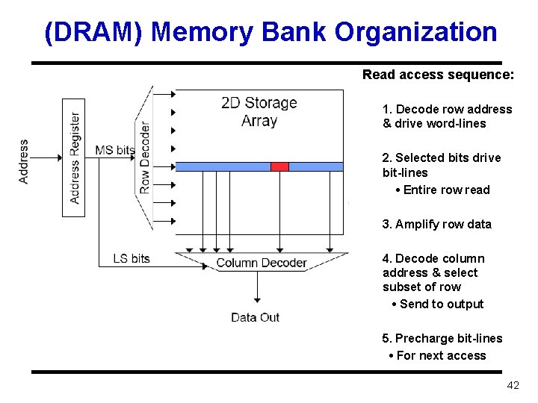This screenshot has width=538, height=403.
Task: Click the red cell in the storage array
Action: (x=279, y=166)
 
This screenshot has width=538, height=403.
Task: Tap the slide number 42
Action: (x=513, y=385)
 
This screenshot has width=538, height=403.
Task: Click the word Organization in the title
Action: (x=415, y=32)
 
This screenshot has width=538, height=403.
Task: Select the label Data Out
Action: (x=255, y=317)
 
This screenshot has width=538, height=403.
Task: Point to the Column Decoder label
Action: (x=262, y=263)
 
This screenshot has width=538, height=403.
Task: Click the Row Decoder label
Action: (x=144, y=157)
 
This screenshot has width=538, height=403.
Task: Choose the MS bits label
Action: (x=114, y=150)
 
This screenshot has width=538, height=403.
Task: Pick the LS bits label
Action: (x=132, y=258)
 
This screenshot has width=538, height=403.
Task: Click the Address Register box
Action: (x=73, y=157)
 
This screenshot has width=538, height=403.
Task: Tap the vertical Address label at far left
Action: (x=24, y=161)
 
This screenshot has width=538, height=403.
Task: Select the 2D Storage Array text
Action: (x=259, y=111)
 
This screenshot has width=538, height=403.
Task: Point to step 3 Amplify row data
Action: (x=436, y=224)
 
